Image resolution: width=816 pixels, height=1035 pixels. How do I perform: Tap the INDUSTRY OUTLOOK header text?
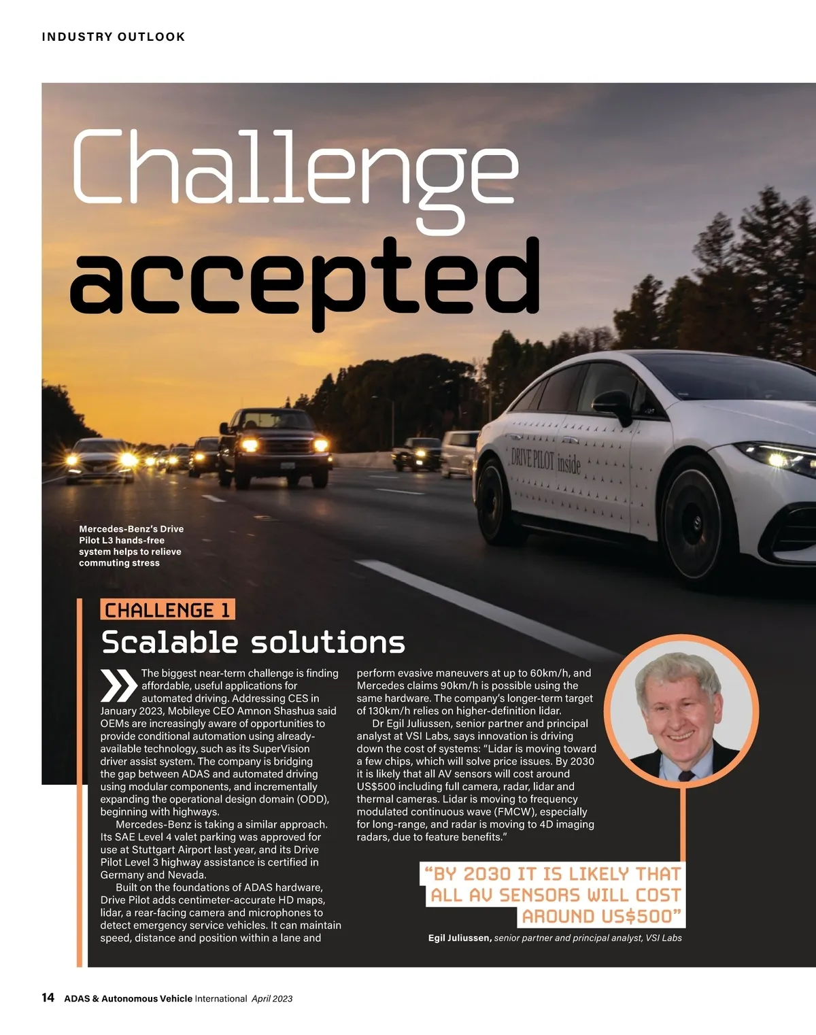114,37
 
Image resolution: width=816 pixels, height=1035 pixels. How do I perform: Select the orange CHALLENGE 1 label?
167,610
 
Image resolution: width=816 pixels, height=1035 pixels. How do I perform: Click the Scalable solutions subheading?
253,642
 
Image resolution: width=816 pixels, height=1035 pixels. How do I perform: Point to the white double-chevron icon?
119,685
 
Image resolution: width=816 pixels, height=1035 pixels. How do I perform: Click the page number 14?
48,998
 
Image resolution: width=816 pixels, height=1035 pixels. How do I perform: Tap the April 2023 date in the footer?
272,998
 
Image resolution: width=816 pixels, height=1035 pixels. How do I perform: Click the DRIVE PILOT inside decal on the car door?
546,461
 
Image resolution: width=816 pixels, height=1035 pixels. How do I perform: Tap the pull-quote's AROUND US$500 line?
602,916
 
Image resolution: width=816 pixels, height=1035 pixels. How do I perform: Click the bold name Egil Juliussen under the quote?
460,938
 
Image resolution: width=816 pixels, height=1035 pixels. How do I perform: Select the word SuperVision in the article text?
281,749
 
